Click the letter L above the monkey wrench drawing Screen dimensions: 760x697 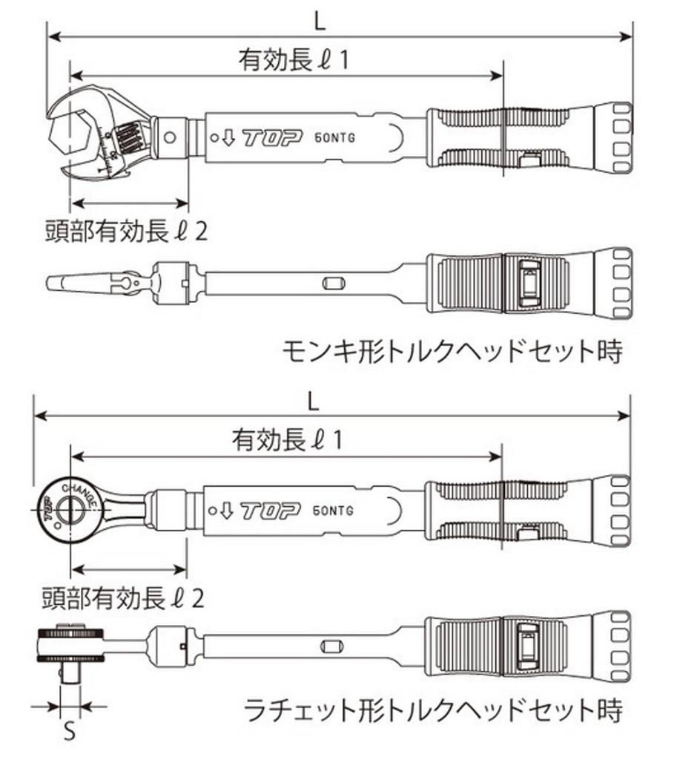click(319, 21)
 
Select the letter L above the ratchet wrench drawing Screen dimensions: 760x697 click(314, 402)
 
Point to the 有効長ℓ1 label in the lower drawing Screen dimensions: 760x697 click(288, 441)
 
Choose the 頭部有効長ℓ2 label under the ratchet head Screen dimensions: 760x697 click(122, 597)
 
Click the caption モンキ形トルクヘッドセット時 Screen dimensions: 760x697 click(452, 350)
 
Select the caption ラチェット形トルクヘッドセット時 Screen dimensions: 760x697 click(433, 710)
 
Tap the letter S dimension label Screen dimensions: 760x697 click(69, 733)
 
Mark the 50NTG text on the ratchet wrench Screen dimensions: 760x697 click(333, 511)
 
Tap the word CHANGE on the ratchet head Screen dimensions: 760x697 click(79, 492)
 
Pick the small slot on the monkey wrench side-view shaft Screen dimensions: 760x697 click(331, 282)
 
